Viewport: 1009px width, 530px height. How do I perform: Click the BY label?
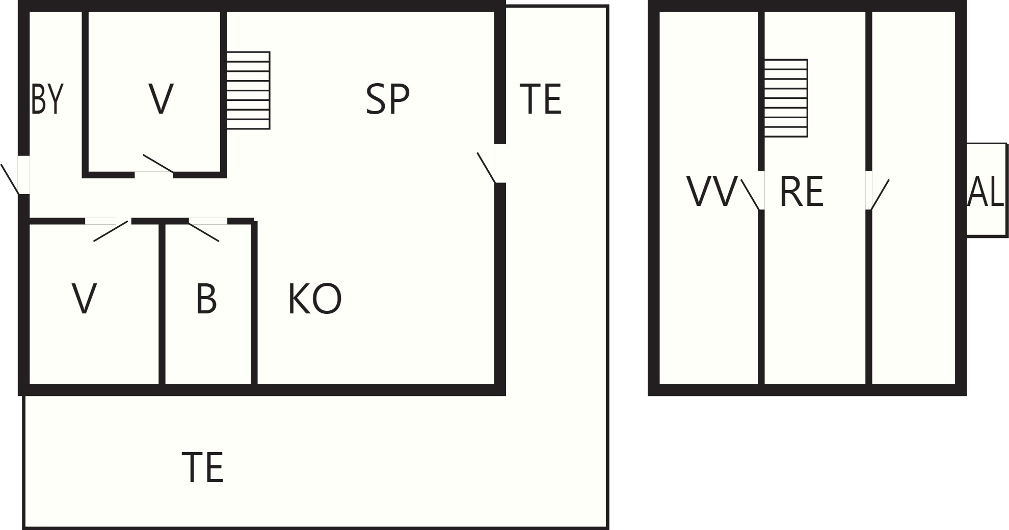pyautogui.click(x=47, y=99)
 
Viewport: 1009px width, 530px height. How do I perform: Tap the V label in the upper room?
pyautogui.click(x=161, y=99)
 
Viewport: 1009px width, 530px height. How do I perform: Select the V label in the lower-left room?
pyautogui.click(x=84, y=299)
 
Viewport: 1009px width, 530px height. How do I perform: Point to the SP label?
pyautogui.click(x=387, y=99)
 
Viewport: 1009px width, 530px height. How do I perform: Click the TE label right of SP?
pyautogui.click(x=540, y=99)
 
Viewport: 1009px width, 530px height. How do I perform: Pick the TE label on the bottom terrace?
pyautogui.click(x=202, y=467)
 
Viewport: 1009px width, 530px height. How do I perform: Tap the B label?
pyautogui.click(x=206, y=299)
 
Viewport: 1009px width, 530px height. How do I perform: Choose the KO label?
pyautogui.click(x=314, y=299)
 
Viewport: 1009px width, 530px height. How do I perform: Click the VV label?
pyautogui.click(x=712, y=192)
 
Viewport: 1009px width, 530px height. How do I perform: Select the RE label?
pyautogui.click(x=802, y=192)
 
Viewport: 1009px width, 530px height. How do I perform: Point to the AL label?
pyautogui.click(x=985, y=192)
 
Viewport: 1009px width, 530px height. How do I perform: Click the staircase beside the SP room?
pyautogui.click(x=248, y=90)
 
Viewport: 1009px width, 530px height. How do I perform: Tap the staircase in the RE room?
pyautogui.click(x=786, y=98)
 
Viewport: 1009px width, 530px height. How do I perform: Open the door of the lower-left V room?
pyautogui.click(x=108, y=229)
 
